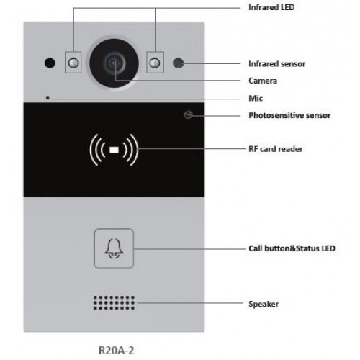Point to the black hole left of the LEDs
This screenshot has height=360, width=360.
(x=50, y=63)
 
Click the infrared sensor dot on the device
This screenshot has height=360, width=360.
(x=177, y=63)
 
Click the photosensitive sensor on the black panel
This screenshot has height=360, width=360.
(x=188, y=115)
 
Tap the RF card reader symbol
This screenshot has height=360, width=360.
(x=114, y=150)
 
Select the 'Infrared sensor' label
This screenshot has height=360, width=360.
(x=276, y=64)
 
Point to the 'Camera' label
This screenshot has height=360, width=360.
(x=263, y=81)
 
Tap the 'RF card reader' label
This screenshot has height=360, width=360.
(x=276, y=150)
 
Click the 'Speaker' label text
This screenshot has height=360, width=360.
(x=263, y=304)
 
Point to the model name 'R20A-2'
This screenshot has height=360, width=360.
(x=116, y=349)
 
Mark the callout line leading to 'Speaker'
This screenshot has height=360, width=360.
(x=187, y=304)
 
